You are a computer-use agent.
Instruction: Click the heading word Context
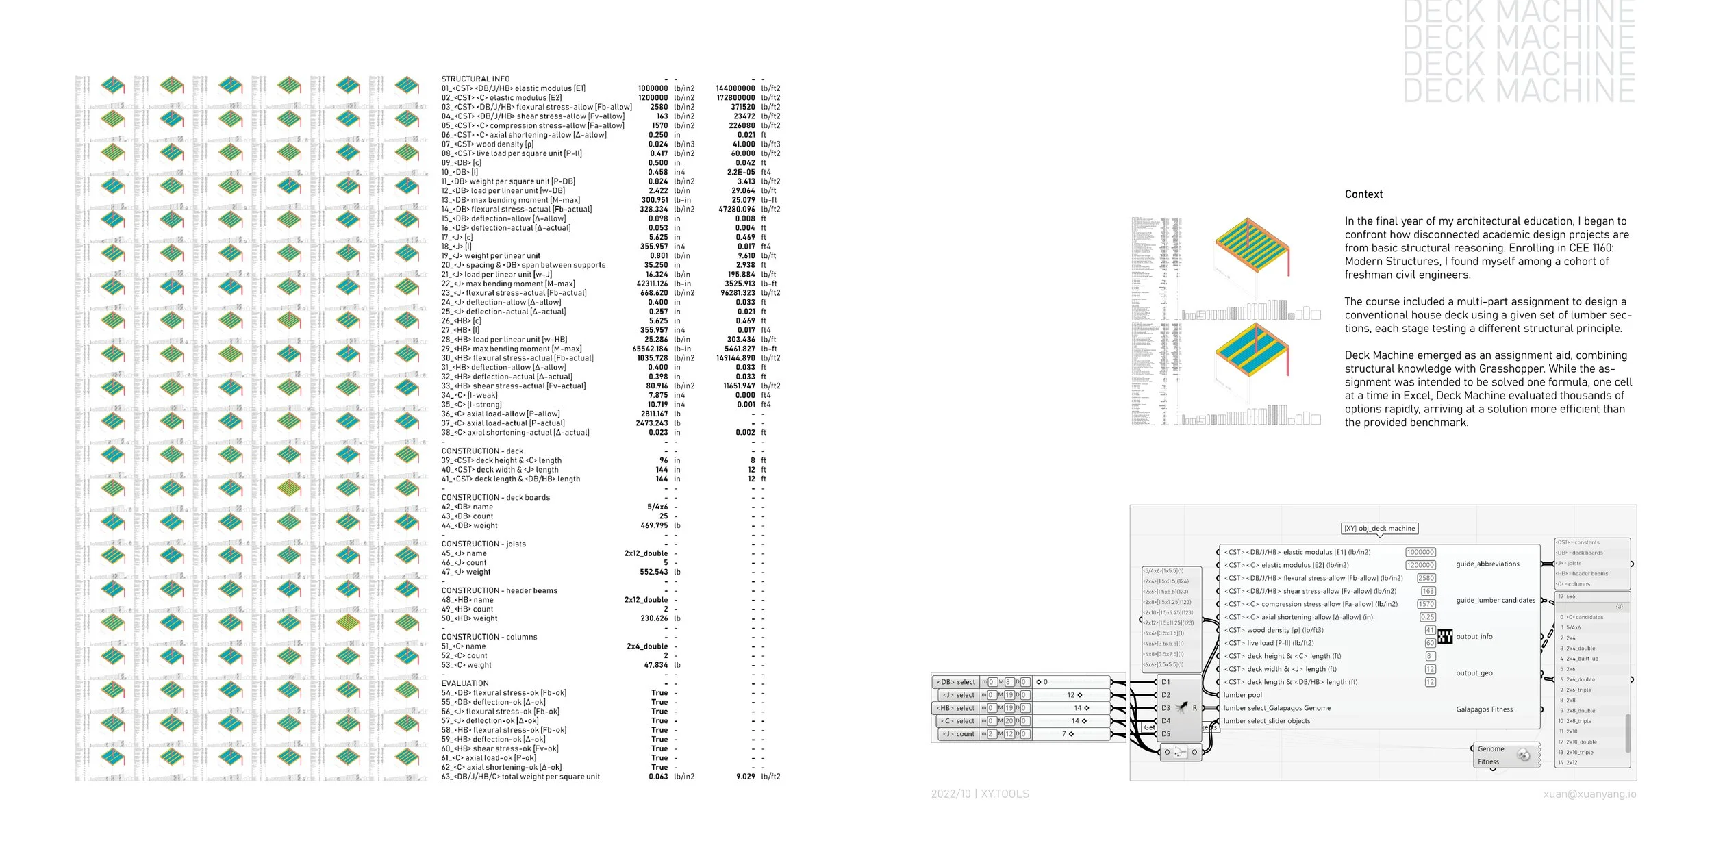click(x=1363, y=194)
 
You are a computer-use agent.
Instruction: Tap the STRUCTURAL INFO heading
click(x=475, y=79)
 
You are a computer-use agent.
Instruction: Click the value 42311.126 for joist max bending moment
click(x=652, y=284)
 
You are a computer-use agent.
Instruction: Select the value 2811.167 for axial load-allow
click(x=654, y=414)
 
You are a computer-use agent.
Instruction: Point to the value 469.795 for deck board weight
click(x=654, y=525)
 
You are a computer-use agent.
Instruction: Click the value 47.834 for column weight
click(x=656, y=665)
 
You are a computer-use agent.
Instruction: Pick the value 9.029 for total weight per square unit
click(x=745, y=777)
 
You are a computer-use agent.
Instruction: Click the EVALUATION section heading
click(x=465, y=683)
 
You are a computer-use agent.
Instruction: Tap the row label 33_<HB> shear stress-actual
click(x=514, y=386)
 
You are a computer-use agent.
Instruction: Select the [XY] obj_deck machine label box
click(x=1379, y=529)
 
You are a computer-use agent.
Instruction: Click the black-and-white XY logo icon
click(x=1445, y=637)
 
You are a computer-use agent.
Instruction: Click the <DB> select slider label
click(x=956, y=682)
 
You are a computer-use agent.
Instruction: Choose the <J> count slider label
click(x=958, y=734)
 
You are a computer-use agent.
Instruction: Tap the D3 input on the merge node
click(x=1166, y=708)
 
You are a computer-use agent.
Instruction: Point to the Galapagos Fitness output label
click(x=1484, y=709)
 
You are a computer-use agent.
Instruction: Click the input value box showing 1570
click(x=1426, y=604)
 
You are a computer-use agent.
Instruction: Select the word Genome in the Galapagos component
click(x=1491, y=749)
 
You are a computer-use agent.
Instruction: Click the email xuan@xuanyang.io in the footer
click(x=1589, y=794)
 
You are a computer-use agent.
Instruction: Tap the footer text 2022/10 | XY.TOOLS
click(x=979, y=794)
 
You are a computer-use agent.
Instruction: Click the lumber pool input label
click(x=1242, y=695)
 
